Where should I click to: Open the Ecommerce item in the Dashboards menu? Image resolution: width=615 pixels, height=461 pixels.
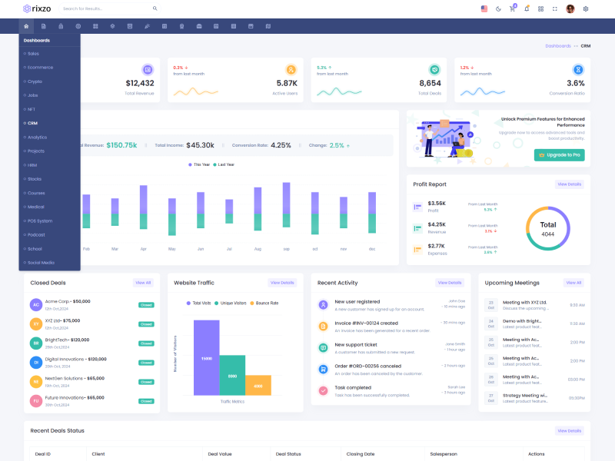tap(40, 68)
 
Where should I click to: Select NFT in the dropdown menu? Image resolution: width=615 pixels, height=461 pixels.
tap(32, 109)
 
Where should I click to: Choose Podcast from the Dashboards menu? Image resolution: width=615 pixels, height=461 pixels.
tap(36, 235)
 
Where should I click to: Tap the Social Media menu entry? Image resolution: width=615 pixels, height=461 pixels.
tap(41, 263)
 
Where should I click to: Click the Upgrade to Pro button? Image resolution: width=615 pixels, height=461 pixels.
tap(559, 155)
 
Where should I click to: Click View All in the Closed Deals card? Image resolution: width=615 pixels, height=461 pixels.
tap(143, 283)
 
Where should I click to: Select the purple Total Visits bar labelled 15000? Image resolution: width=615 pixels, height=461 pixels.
tap(206, 358)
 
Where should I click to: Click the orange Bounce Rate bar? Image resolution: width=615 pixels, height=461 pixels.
tap(258, 385)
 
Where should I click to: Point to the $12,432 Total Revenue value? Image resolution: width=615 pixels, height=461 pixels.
tap(140, 83)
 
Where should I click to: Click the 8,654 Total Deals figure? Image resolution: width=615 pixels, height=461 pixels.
tap(430, 83)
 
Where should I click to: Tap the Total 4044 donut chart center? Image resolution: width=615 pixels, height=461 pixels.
tap(547, 229)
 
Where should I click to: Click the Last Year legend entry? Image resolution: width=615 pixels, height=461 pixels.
tap(226, 164)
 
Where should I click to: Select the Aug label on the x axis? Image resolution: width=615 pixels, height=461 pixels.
tap(258, 249)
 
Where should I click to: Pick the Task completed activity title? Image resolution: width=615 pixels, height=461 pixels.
tap(353, 387)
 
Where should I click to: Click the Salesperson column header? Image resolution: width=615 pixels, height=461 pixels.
tap(444, 454)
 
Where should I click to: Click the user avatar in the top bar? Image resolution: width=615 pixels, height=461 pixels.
tap(570, 8)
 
